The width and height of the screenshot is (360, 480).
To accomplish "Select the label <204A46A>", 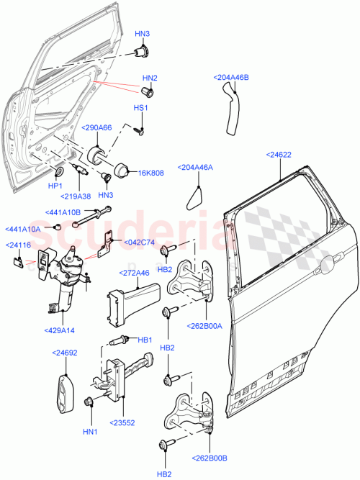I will pos(195,167).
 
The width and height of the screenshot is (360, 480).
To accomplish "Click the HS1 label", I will pos(140,108).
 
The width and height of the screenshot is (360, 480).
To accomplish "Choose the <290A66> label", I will pos(97,127).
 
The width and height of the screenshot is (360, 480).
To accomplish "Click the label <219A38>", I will pos(76,196).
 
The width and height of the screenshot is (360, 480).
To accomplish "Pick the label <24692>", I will pos(64,352).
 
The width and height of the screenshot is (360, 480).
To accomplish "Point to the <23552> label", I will pos(124,423).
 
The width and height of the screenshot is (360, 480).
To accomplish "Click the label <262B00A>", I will pos(205,325).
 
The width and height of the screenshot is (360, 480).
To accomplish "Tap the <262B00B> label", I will pos(209,457).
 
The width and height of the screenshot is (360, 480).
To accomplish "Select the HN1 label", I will pos(90,432).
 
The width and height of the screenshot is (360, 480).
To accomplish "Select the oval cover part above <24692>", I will pos(64,392).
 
